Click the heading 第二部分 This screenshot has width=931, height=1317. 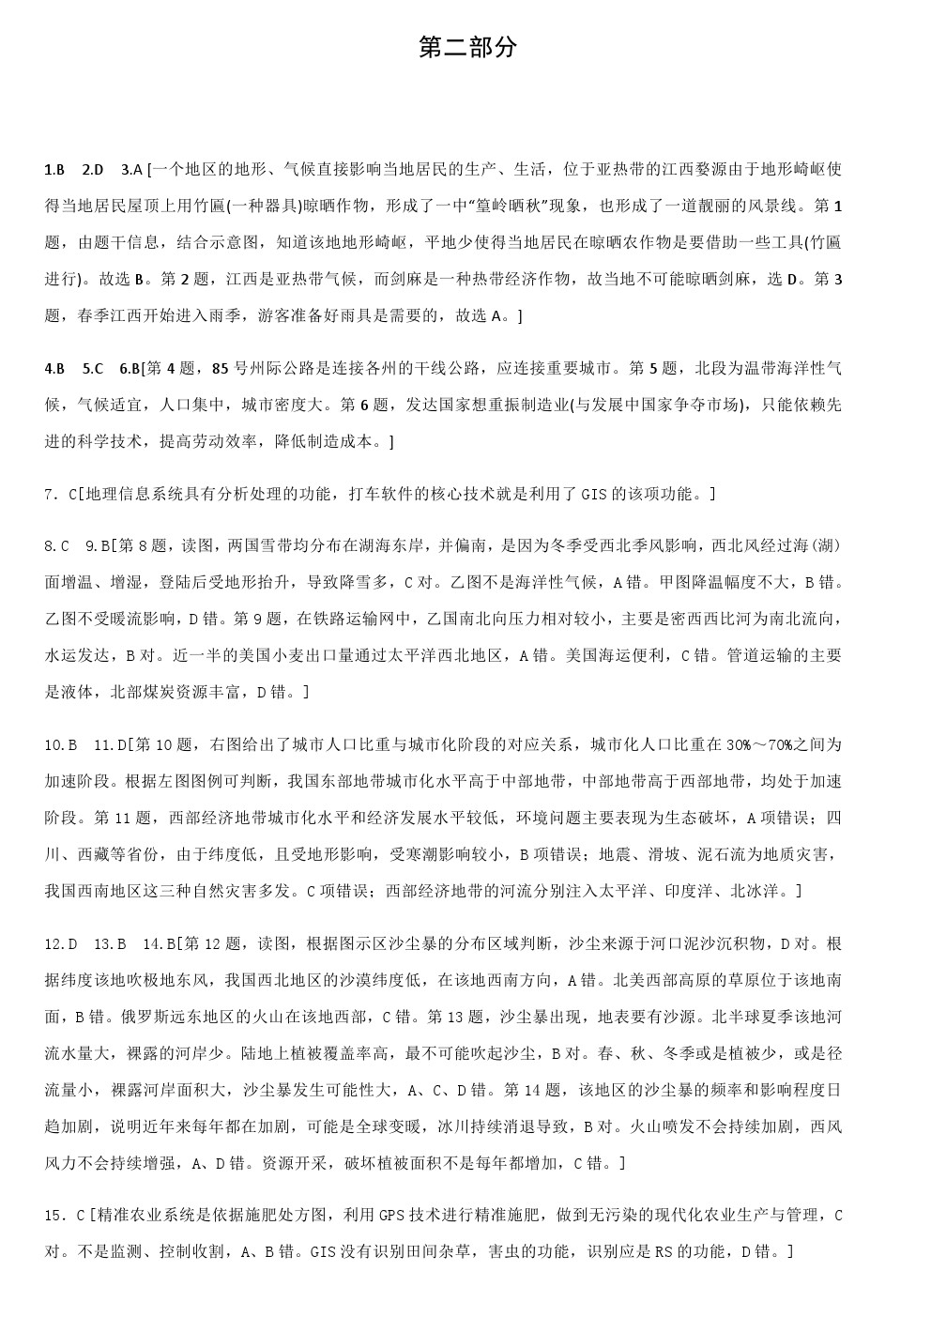point(467,48)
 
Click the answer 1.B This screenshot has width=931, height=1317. point(54,170)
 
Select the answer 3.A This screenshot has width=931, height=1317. point(131,170)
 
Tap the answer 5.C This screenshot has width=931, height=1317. point(93,368)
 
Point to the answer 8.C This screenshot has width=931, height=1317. point(57,546)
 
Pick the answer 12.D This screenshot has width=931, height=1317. point(60,943)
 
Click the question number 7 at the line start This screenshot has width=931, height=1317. point(49,494)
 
